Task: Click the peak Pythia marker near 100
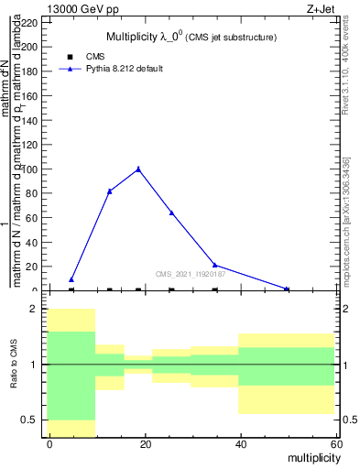[138, 169]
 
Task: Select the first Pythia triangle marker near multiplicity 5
[71, 279]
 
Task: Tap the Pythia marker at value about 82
[110, 191]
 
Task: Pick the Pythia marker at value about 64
[171, 213]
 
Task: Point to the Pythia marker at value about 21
[214, 265]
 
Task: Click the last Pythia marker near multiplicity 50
[287, 289]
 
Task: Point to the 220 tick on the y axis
[30, 22]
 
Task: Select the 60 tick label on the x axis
[335, 443]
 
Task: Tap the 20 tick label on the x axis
[145, 443]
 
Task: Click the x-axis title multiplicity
[310, 456]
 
